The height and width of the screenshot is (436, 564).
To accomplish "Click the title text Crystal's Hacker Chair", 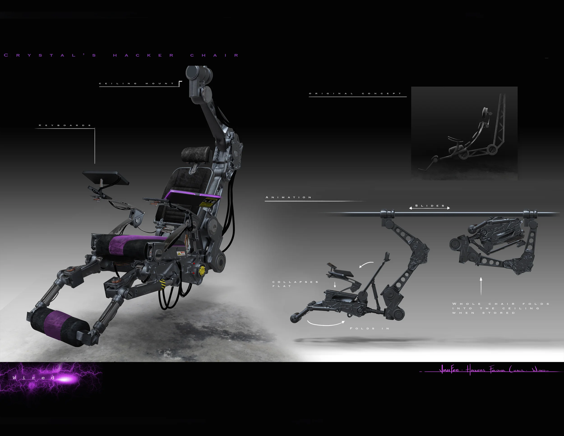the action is click(121, 55).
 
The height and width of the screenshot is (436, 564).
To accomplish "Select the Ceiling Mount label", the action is click(137, 83).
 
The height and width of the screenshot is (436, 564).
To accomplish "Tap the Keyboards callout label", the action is click(65, 125).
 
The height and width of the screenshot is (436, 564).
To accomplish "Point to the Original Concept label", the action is click(355, 93).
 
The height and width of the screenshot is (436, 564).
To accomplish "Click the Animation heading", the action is click(289, 197).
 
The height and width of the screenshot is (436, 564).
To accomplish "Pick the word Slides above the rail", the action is click(430, 206).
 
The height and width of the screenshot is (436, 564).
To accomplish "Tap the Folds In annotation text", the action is click(370, 328).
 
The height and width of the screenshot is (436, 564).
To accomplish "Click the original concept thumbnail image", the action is click(464, 133).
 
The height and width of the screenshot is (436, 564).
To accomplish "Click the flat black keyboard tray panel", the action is click(105, 177).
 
